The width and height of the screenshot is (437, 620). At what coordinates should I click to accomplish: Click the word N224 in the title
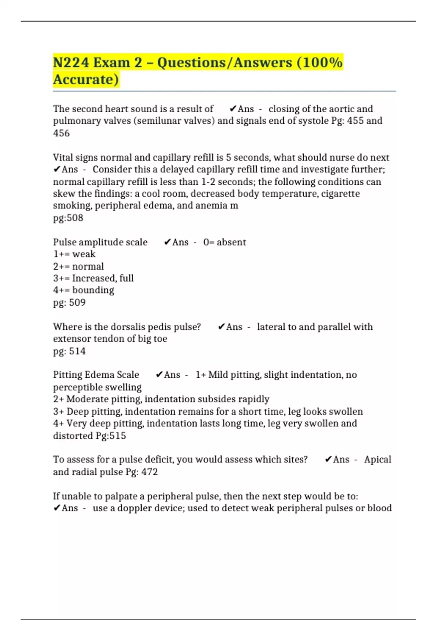point(71,62)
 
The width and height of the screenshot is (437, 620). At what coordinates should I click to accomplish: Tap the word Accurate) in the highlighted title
point(86,80)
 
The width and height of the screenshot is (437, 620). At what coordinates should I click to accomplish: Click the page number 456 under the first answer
point(61,133)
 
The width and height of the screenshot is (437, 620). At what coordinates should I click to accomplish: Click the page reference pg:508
point(68,218)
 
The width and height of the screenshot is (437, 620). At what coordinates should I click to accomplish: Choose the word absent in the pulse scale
point(231,242)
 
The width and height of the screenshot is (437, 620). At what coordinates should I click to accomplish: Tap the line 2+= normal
point(78,266)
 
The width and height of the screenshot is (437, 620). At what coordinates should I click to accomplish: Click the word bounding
point(93,290)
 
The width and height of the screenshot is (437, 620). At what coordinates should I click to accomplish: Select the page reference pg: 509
point(69,303)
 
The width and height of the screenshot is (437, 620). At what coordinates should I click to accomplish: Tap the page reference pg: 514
point(69,351)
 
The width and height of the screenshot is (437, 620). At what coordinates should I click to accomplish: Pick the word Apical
point(378,460)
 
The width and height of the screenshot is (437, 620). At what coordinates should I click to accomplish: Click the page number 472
point(150,472)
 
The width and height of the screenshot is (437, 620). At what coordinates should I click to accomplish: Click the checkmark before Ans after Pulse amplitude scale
point(168,242)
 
